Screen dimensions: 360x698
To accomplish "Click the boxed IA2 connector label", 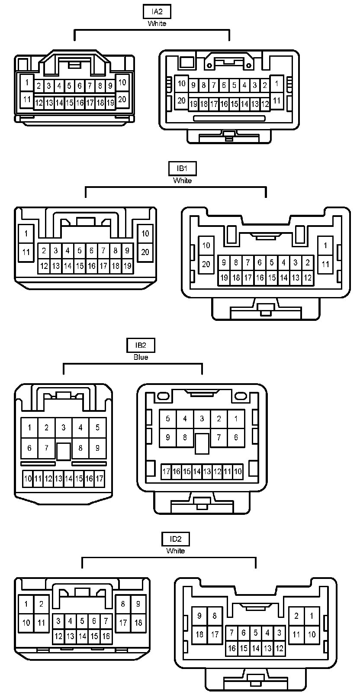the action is coord(157,12).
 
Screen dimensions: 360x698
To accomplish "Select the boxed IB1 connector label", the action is coord(182,168).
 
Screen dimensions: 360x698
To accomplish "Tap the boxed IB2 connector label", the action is coord(141,345).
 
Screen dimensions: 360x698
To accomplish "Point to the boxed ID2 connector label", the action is coord(175,539).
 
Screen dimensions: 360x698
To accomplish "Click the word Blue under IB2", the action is coord(141,357).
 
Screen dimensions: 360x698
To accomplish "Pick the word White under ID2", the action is coord(175,551).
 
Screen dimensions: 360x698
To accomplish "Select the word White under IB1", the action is coord(182,180).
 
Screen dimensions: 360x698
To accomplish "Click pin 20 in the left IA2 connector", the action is coord(122,99).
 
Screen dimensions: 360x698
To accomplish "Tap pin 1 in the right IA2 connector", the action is coord(276,83).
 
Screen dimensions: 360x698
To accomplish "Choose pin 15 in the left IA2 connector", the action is coord(69,103).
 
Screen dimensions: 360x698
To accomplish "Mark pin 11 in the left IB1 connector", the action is coord(26,252).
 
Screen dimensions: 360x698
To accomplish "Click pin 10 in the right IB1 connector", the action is coord(206,246).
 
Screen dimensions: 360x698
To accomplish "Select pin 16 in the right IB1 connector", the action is coord(260,278).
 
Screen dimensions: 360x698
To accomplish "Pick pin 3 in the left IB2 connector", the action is coord(64,428).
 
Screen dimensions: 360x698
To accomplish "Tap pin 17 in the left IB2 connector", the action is coord(100,478).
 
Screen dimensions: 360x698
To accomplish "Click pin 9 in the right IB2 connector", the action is coord(168,437).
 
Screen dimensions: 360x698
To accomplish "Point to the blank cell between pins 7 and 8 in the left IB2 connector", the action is coord(64,451).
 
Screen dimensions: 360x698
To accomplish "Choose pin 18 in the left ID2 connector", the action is coord(138,623).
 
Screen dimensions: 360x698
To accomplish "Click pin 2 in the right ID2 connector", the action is coord(296,616).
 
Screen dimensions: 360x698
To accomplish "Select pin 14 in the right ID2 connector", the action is coord(256,648).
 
